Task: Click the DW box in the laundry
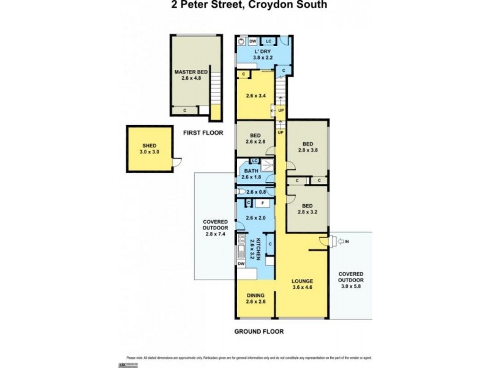click(252, 41)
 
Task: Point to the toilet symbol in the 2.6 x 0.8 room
click(242, 191)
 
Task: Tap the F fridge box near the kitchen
click(262, 202)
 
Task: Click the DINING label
click(255, 294)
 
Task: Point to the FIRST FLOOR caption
click(203, 132)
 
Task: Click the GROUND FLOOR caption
click(259, 332)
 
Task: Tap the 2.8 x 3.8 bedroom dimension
click(309, 148)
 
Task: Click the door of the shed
click(175, 163)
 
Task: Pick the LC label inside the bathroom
click(253, 161)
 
